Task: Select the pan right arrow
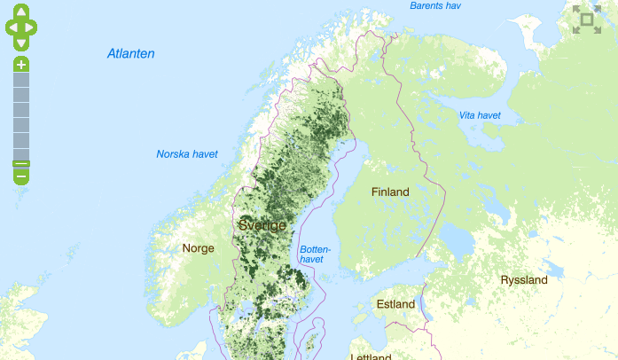tap(32, 27)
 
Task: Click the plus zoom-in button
tap(21, 65)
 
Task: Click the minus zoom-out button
tap(21, 176)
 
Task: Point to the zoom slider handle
tap(21, 163)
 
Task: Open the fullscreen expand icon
tap(586, 20)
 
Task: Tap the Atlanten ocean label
tap(131, 54)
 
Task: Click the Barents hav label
tap(435, 6)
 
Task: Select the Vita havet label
tap(480, 115)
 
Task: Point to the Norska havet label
tap(187, 154)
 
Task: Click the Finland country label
tap(390, 192)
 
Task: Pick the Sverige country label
tap(262, 225)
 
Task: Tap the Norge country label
tap(198, 248)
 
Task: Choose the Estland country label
tap(395, 304)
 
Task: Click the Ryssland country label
tap(524, 279)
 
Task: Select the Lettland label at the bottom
tap(371, 356)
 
